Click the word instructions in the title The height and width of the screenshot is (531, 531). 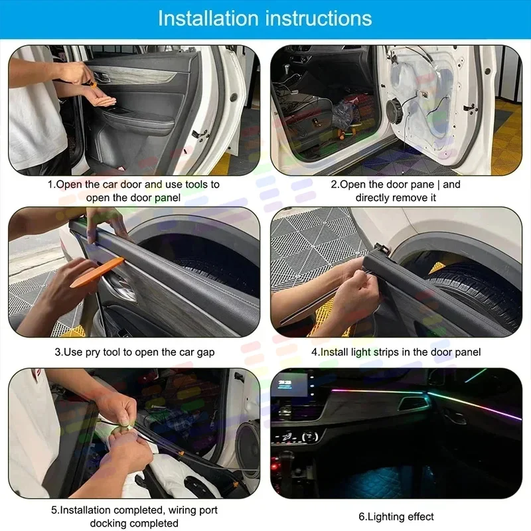pos(320,18)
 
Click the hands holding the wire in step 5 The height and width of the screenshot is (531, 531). pos(126,431)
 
